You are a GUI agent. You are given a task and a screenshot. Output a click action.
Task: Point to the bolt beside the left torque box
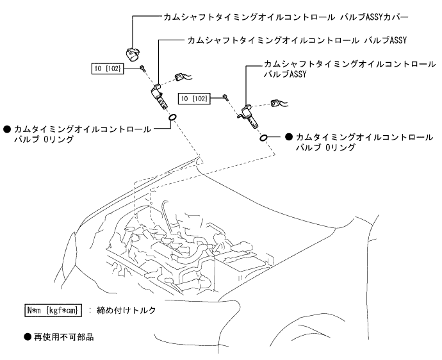(x=143, y=68)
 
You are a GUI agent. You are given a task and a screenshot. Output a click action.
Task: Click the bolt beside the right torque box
(x=227, y=97)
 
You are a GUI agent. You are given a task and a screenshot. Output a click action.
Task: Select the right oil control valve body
(x=247, y=113)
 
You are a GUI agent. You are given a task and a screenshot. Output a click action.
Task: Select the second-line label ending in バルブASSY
(x=297, y=40)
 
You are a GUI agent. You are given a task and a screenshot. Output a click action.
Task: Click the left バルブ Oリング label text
(x=82, y=133)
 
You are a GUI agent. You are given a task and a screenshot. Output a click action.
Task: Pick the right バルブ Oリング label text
(x=364, y=142)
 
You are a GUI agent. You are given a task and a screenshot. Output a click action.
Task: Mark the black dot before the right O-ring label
(x=289, y=137)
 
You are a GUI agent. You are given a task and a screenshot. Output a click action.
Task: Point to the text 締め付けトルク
(x=127, y=310)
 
